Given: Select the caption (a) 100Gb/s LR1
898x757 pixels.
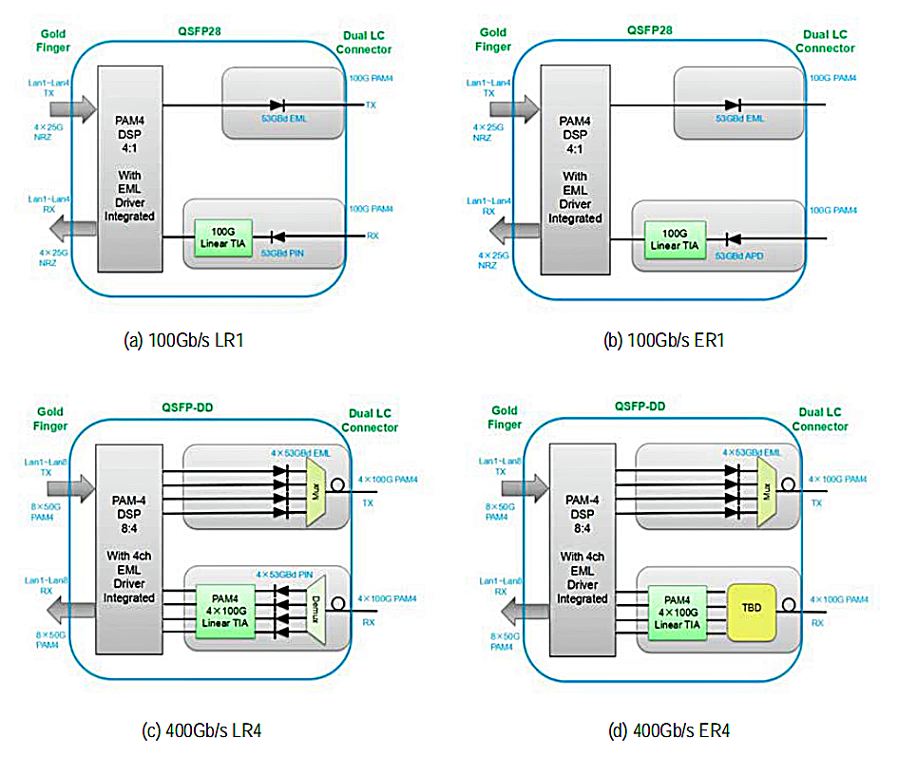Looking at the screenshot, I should pos(183,341).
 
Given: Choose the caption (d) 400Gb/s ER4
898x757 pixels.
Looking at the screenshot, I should pos(669,729).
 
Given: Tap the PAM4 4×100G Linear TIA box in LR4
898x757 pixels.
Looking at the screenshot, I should pos(224,609).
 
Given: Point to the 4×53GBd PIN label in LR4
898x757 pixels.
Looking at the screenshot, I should pos(282,575).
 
